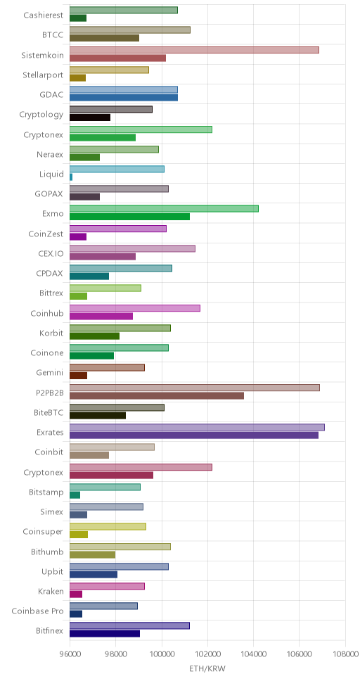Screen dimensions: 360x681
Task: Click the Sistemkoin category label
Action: tap(43, 55)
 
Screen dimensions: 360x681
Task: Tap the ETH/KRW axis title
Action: tap(207, 668)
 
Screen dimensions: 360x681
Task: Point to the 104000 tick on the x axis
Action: tap(254, 654)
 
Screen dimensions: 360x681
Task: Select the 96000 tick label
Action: tap(70, 654)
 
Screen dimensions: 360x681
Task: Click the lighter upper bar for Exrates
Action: tap(197, 427)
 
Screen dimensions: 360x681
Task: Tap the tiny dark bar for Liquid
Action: tap(71, 177)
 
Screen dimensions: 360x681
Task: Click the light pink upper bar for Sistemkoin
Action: tap(194, 50)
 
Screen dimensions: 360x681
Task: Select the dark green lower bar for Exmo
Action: tap(130, 217)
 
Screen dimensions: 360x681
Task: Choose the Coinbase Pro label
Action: tap(39, 611)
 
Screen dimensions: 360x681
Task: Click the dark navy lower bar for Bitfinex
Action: tap(105, 634)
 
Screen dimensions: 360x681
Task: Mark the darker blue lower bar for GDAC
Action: tap(124, 98)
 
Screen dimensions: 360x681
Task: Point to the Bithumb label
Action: tap(47, 552)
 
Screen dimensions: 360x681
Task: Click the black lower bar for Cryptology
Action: tap(90, 117)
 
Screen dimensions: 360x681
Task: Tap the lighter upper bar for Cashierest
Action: tap(124, 10)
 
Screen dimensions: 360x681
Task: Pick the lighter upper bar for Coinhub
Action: tap(135, 308)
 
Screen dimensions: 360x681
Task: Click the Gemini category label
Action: tap(50, 373)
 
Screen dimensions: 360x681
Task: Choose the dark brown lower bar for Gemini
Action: tap(78, 376)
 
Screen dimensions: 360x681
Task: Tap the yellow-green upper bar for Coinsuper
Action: tap(108, 527)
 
